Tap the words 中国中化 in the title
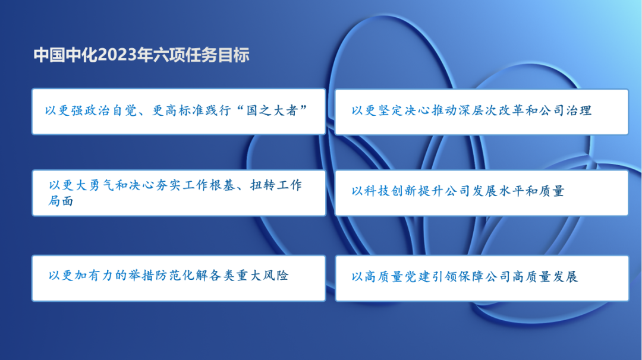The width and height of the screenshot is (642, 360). click(x=65, y=55)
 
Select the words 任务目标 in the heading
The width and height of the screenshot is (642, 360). click(x=218, y=55)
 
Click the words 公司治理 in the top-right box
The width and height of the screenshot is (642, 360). click(x=565, y=110)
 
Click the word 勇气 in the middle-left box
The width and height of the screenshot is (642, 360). click(x=101, y=185)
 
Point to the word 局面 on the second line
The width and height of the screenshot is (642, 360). click(x=61, y=201)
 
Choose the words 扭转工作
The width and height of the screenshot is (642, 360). click(x=276, y=185)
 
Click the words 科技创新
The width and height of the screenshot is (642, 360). click(x=390, y=191)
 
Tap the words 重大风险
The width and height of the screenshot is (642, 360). click(x=263, y=275)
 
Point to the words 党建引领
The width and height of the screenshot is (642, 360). click(x=431, y=277)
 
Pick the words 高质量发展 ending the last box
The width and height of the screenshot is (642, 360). click(x=545, y=277)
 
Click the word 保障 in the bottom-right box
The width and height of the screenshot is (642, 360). click(x=471, y=277)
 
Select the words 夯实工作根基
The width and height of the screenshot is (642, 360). click(x=196, y=185)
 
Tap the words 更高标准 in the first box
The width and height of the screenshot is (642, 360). click(x=178, y=110)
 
